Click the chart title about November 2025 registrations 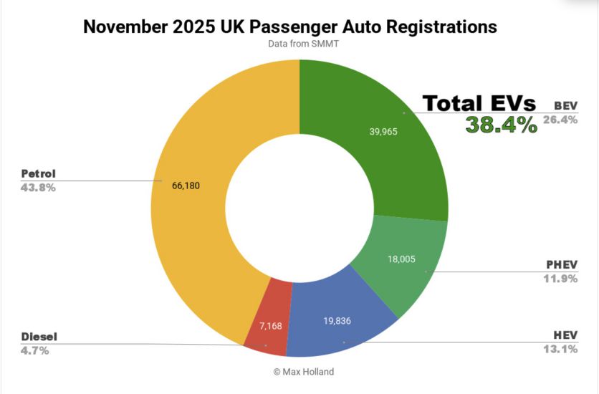[290, 27]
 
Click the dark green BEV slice [380, 143]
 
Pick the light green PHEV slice [401, 265]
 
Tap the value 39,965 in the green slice [382, 132]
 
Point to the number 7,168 [272, 326]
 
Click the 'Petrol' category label [39, 173]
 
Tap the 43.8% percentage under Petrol [39, 188]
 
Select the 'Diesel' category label [39, 336]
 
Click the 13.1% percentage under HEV [561, 350]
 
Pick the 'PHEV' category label [562, 264]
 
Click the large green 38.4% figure [502, 125]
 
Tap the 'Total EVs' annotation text [479, 103]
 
